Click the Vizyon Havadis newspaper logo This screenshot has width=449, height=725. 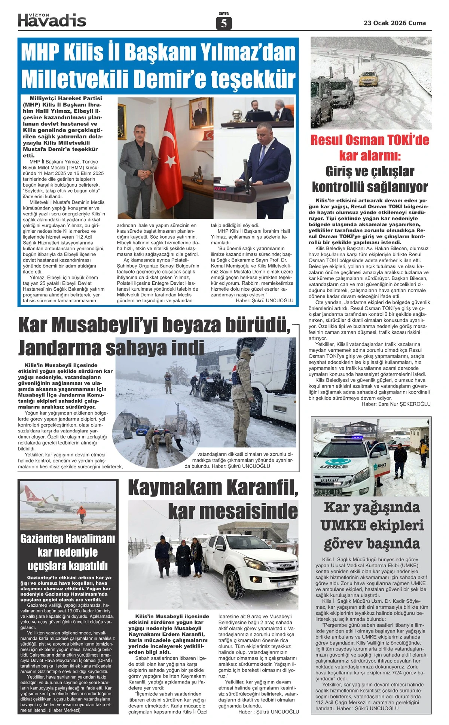(x=52, y=20)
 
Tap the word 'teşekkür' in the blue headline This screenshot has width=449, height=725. (x=253, y=79)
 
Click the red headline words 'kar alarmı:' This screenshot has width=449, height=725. (x=370, y=155)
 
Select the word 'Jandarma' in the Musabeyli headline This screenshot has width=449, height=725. (x=60, y=348)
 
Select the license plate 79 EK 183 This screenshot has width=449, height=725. (x=328, y=491)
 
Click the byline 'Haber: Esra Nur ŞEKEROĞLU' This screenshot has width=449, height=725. (x=396, y=404)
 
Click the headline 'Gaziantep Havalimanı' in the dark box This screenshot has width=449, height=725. (x=68, y=539)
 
